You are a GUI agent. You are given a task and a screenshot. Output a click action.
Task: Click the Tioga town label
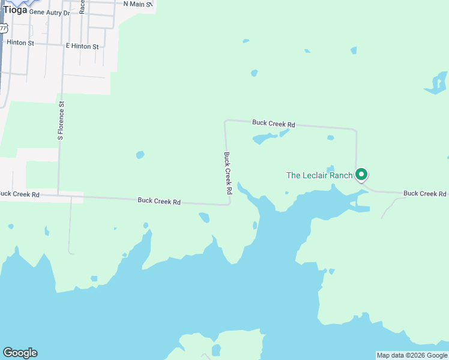coord(15,10)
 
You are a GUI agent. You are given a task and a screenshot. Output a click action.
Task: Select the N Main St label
coord(138,4)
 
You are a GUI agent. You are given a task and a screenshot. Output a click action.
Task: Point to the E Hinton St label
coord(82,46)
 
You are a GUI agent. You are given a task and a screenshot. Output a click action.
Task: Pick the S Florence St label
coord(61,121)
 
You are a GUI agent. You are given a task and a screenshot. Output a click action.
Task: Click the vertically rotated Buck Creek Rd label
coord(228,173)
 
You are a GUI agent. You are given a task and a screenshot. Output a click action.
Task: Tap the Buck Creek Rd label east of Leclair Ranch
coord(424,194)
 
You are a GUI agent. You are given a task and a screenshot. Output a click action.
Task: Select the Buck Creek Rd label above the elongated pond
coord(274,124)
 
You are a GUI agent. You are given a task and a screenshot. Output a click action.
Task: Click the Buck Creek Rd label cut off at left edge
coord(19,194)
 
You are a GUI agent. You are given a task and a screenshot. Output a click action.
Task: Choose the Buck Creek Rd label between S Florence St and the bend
coord(159,202)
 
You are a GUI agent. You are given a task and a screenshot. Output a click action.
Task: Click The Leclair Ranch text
coord(319,175)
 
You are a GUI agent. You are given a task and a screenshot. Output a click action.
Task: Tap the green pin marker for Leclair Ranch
coord(361,175)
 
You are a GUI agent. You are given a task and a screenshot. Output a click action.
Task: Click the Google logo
coord(20,353)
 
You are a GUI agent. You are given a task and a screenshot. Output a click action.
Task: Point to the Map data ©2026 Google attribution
coord(412,355)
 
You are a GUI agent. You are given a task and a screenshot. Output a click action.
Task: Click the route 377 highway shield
coord(4,28)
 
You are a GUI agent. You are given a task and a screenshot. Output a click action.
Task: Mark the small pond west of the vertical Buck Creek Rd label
coord(140,155)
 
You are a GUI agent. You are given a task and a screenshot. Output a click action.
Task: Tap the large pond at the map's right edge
coord(438,83)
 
